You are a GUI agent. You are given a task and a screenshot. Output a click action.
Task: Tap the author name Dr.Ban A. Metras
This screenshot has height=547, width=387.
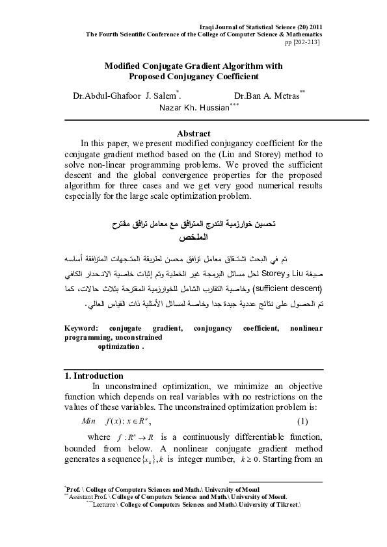tap(267, 96)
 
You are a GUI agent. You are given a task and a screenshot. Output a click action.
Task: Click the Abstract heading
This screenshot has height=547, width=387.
tap(193, 133)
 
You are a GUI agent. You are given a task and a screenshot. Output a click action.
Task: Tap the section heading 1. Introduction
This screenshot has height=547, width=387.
tap(94, 375)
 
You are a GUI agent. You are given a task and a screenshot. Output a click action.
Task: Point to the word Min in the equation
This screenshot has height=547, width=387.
tap(88, 421)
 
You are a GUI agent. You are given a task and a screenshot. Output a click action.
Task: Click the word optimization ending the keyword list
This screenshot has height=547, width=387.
tap(118, 347)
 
